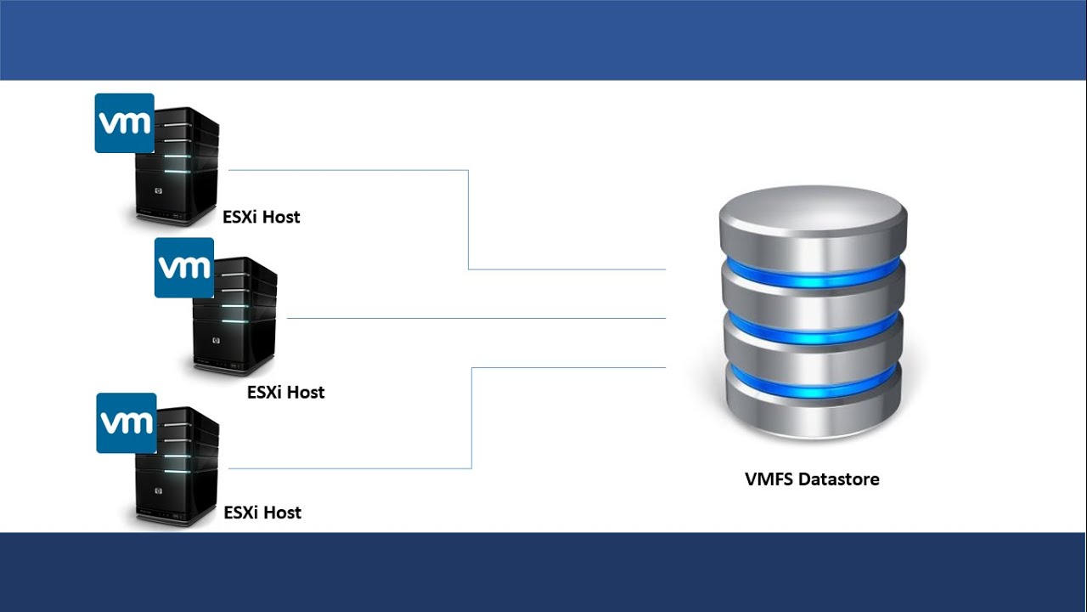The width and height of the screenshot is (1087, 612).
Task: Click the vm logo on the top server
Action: (x=124, y=123)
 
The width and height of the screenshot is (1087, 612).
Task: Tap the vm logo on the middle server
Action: (x=183, y=268)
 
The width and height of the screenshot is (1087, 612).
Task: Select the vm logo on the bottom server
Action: (x=126, y=422)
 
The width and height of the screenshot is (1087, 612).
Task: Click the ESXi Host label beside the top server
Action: (x=262, y=217)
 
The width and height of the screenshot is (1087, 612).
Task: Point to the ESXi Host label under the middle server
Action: (x=285, y=392)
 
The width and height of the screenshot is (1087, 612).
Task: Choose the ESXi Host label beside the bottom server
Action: (x=262, y=513)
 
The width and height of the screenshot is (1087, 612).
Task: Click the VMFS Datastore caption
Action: (x=812, y=479)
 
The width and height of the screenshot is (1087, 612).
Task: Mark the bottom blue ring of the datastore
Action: (x=812, y=380)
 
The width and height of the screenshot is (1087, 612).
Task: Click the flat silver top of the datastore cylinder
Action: (x=812, y=208)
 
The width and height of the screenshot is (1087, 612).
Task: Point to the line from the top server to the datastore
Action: (x=468, y=221)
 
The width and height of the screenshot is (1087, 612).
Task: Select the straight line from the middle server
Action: (x=476, y=318)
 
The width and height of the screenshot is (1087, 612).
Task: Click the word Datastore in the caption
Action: (x=839, y=479)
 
